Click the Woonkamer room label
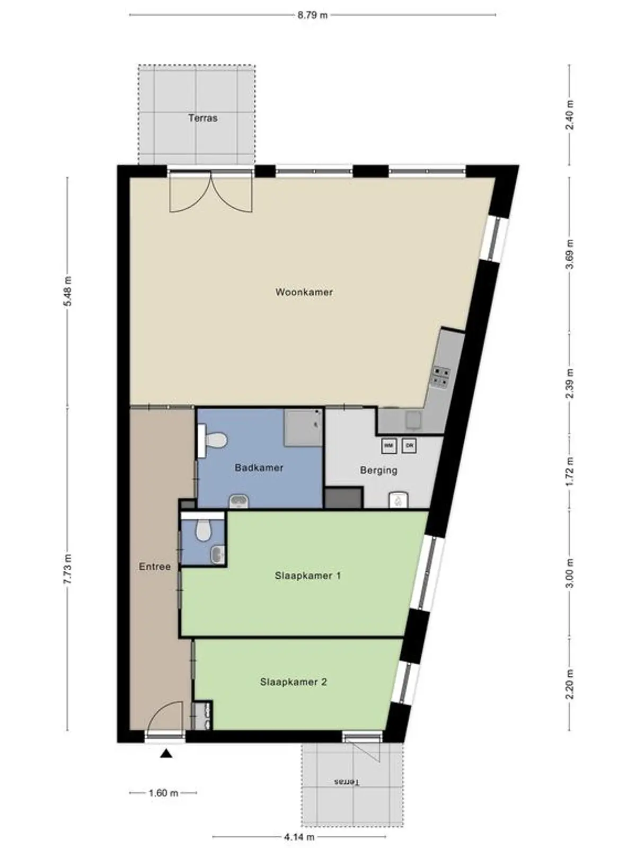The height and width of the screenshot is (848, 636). [304, 292]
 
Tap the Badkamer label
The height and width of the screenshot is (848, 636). [259, 468]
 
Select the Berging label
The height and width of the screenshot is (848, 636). [378, 470]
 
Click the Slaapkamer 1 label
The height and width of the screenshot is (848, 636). [308, 576]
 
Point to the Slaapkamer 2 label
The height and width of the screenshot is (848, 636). [293, 682]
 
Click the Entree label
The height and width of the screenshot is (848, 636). [155, 567]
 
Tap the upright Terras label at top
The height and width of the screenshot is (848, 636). [203, 118]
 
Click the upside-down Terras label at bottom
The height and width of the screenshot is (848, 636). [347, 782]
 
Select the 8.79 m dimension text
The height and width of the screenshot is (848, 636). [313, 15]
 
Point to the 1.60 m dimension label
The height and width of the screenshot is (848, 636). [163, 793]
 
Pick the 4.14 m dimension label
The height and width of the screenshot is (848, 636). [299, 837]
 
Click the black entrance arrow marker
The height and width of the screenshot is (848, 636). [166, 753]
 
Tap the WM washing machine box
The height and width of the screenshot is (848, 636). [389, 446]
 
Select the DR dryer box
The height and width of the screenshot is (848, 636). [409, 446]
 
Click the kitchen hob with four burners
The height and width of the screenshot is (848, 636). [441, 376]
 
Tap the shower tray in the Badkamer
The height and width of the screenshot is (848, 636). [303, 427]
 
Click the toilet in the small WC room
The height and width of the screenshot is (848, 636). [202, 531]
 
